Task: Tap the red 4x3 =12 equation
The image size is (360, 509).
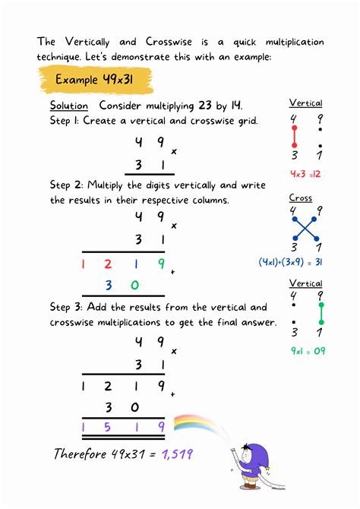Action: tap(305, 173)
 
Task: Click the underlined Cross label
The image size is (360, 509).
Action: tap(301, 198)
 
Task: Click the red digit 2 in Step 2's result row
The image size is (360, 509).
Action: tap(108, 264)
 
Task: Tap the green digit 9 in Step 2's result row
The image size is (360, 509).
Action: tap(160, 264)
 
